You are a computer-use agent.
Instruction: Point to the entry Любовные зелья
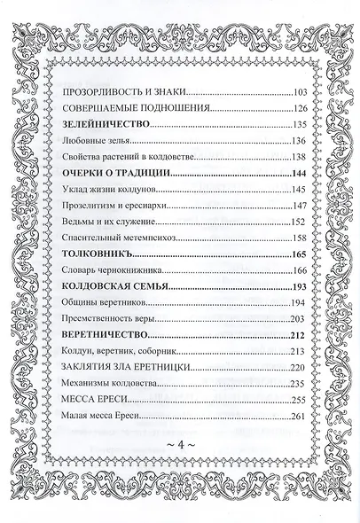point(97,141)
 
